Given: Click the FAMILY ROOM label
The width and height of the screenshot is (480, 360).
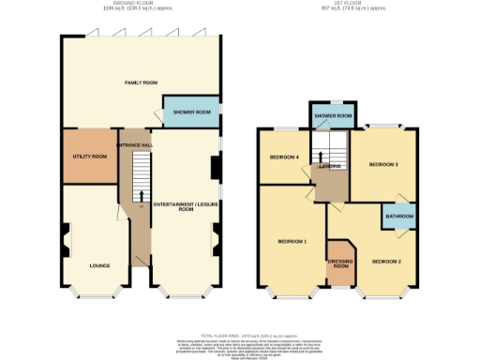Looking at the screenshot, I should point(140,82).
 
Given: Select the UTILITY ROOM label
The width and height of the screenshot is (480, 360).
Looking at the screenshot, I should point(90,156).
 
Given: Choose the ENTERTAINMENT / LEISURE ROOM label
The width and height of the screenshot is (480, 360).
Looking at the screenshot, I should point(186,207).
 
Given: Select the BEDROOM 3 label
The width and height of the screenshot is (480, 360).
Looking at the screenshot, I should point(383,164).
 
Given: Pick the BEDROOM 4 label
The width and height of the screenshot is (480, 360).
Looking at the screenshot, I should point(284,157).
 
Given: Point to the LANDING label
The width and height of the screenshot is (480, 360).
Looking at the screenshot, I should point(329,166).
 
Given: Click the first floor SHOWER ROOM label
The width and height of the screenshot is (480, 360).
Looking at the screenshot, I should point(333,116).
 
